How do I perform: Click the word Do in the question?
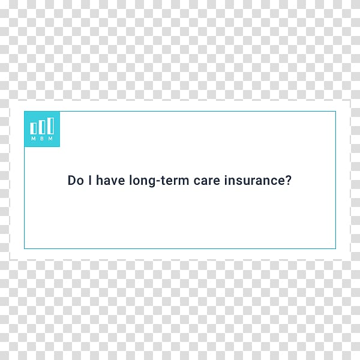point(76,180)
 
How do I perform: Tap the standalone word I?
point(90,180)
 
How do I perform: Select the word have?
point(110,180)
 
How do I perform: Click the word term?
point(175,181)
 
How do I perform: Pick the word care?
point(207,181)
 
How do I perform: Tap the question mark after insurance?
point(287,180)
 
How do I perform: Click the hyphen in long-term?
point(158,181)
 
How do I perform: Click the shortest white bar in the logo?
point(33,128)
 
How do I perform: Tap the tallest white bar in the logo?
point(50,125)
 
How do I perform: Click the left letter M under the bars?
point(34,139)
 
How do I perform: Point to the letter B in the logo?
point(42,139)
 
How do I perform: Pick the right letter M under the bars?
point(50,139)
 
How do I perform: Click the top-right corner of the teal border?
point(335,112)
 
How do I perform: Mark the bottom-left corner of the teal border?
point(25,248)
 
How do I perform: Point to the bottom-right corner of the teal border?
point(335,248)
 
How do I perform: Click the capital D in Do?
point(71,180)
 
